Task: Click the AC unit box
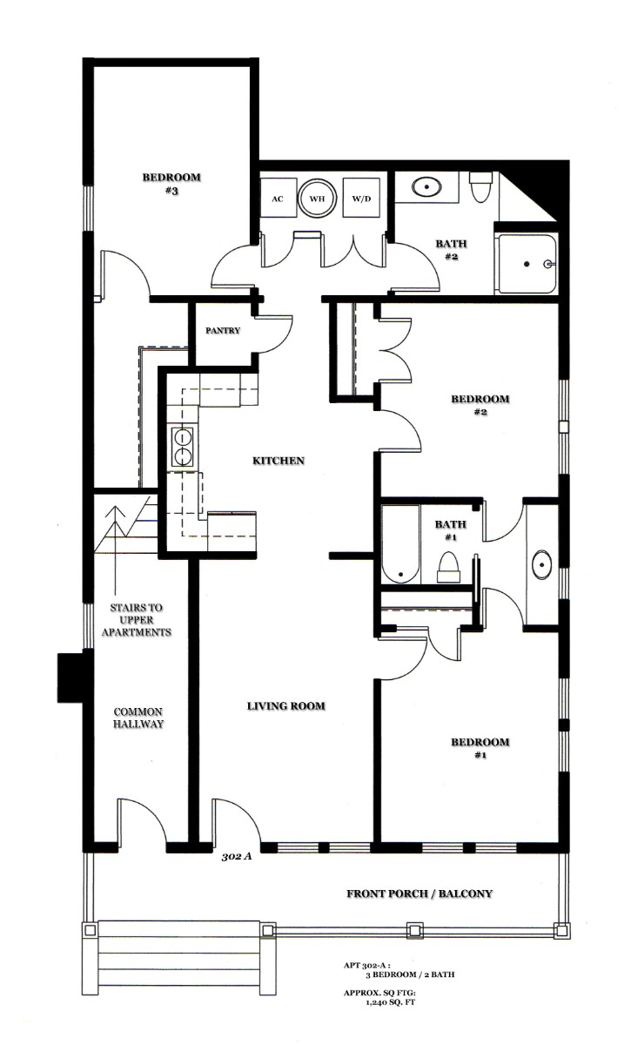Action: (278, 198)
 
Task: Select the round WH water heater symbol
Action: (317, 199)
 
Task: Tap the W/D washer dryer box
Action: (361, 198)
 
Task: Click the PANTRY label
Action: (223, 330)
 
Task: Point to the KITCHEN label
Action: (279, 461)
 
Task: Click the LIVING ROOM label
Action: (285, 706)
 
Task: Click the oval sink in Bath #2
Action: (426, 187)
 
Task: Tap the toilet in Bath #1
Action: (448, 567)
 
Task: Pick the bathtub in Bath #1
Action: (401, 544)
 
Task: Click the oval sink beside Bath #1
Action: (542, 564)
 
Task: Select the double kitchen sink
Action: (183, 447)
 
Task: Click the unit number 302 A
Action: (237, 856)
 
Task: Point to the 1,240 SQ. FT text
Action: (391, 1002)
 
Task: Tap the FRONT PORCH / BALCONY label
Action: (420, 893)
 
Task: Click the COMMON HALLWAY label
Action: (138, 718)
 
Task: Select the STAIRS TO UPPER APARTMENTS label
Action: (137, 619)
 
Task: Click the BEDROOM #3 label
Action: (171, 184)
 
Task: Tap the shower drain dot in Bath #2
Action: (527, 264)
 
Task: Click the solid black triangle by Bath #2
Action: (544, 187)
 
